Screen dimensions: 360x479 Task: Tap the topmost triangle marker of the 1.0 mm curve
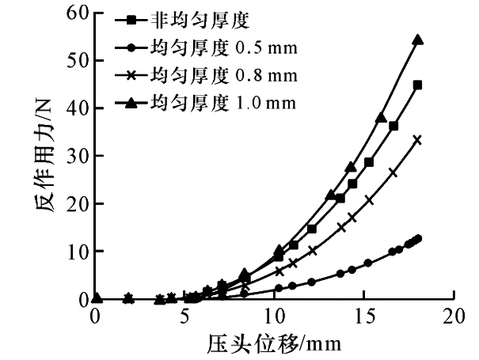point(418,40)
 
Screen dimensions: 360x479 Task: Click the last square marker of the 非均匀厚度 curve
point(417,85)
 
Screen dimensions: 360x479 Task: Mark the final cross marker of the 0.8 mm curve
point(417,140)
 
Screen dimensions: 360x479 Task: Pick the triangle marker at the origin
point(97,298)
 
